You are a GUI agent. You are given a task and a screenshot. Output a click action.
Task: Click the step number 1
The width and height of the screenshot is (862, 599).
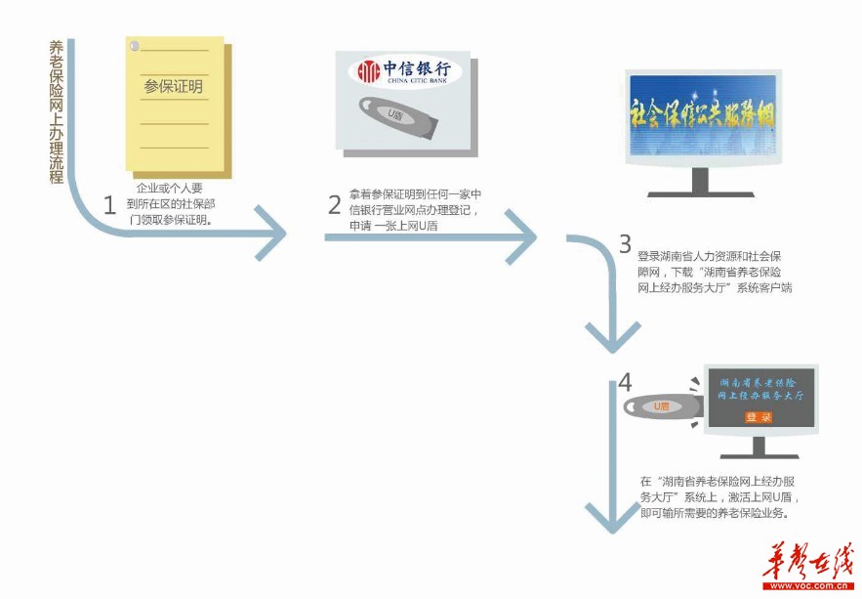(109, 204)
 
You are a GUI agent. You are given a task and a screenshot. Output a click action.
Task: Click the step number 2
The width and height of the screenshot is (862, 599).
(334, 204)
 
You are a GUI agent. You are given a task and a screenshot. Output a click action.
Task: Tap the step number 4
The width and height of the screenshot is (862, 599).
(625, 380)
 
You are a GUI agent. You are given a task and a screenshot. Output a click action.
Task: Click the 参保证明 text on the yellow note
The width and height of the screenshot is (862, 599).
(173, 87)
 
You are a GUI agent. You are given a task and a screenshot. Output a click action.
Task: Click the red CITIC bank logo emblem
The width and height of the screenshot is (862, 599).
(367, 70)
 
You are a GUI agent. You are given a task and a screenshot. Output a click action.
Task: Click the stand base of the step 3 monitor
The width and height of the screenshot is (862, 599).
(700, 188)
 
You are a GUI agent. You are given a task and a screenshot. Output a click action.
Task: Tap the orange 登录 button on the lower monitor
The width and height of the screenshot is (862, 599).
(759, 417)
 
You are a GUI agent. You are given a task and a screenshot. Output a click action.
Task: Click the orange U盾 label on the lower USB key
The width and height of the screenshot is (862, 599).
(661, 406)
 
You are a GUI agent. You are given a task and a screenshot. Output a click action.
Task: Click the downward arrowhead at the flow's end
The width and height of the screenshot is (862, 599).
(610, 519)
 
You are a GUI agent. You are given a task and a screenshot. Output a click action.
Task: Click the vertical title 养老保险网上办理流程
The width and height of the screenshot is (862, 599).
(56, 112)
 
